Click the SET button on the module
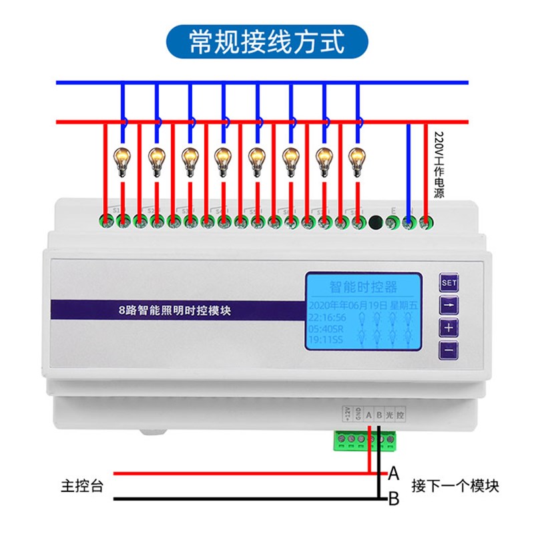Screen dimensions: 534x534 (449, 283)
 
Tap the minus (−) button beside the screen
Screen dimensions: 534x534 (449, 350)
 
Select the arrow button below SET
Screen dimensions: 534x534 (449, 306)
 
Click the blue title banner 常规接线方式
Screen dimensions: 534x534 (267, 41)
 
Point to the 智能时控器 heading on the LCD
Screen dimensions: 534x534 (363, 287)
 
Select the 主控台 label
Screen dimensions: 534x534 (82, 486)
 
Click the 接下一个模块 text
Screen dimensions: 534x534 (455, 486)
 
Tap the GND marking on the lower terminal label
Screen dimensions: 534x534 (358, 414)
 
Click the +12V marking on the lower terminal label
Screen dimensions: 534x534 (347, 414)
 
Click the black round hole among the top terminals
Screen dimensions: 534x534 (376, 220)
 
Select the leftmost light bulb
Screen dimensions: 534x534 (122, 160)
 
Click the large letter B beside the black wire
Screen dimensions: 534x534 (394, 497)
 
